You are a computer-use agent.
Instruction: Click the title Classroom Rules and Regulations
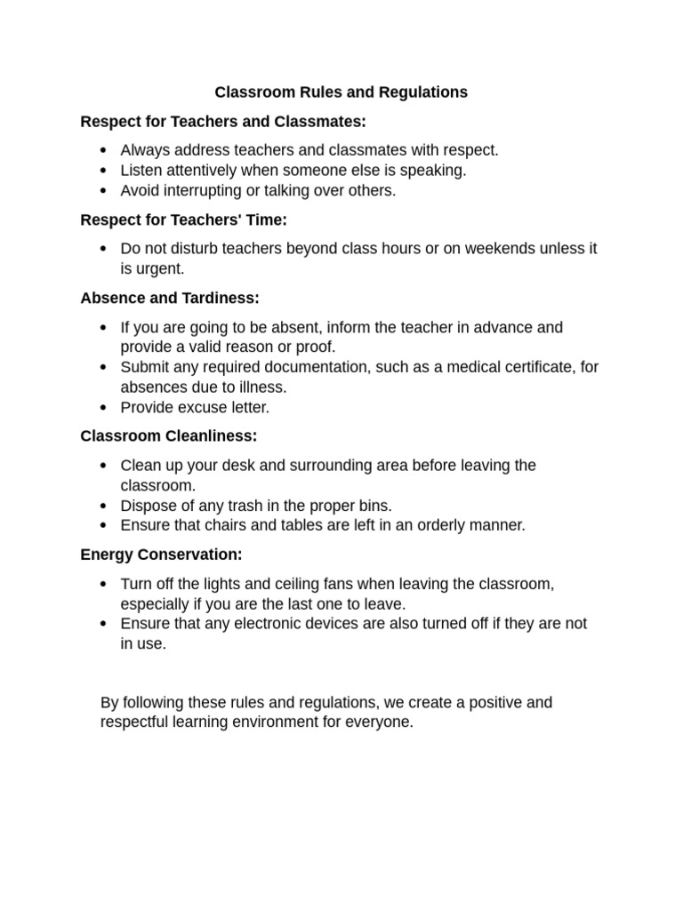[x=341, y=92]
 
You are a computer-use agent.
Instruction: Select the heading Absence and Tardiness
[x=170, y=298]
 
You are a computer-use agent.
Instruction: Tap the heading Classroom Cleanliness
[x=168, y=435]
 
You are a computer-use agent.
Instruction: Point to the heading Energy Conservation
[x=161, y=555]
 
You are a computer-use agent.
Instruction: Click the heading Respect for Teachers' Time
[x=183, y=219]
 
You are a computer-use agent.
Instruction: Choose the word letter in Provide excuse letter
[x=249, y=407]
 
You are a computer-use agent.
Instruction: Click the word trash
[x=239, y=506]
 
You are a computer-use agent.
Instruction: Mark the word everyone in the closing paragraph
[x=381, y=722]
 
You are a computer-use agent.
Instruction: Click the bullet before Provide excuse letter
[x=104, y=408]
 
